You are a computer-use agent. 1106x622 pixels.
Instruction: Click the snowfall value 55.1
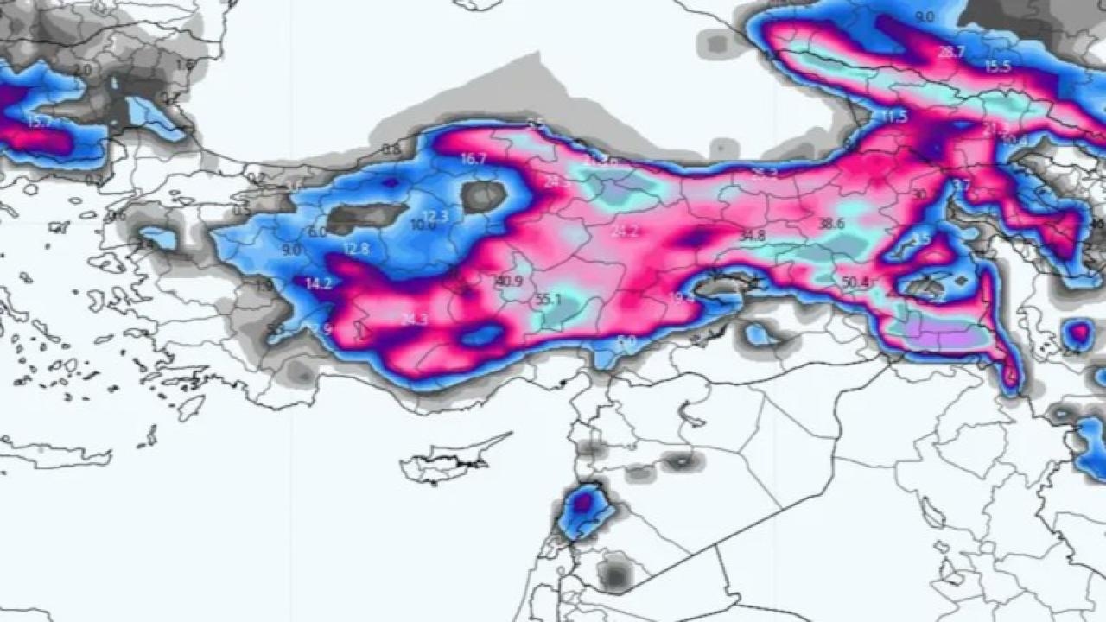549,300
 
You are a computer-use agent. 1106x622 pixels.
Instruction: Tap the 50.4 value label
855,282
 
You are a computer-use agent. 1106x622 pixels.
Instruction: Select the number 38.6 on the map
831,224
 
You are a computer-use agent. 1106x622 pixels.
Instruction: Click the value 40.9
509,282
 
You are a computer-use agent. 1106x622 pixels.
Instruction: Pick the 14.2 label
318,283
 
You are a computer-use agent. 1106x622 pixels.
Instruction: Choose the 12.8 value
355,249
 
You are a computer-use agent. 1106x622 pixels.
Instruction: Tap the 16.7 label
474,159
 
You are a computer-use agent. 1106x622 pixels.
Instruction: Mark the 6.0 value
317,232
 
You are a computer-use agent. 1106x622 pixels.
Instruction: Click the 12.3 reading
435,216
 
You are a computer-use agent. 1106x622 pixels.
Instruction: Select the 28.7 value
950,52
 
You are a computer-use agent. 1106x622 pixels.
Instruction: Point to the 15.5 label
998,67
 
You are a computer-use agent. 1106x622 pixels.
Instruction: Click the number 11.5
894,117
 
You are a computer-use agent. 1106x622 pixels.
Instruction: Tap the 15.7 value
39,123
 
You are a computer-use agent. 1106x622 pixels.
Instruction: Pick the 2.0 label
83,69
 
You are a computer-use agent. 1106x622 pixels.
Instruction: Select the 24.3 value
414,320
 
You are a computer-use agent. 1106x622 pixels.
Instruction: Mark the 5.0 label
626,341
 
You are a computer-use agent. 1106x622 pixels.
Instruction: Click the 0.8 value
391,149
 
